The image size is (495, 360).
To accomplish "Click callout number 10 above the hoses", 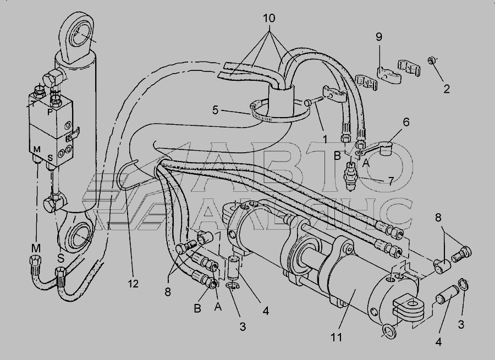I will pos(269,18).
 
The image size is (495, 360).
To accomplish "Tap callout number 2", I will pos(447,88).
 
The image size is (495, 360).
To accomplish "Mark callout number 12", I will pos(134,284).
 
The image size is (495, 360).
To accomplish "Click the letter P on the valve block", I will pos(50,110).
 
